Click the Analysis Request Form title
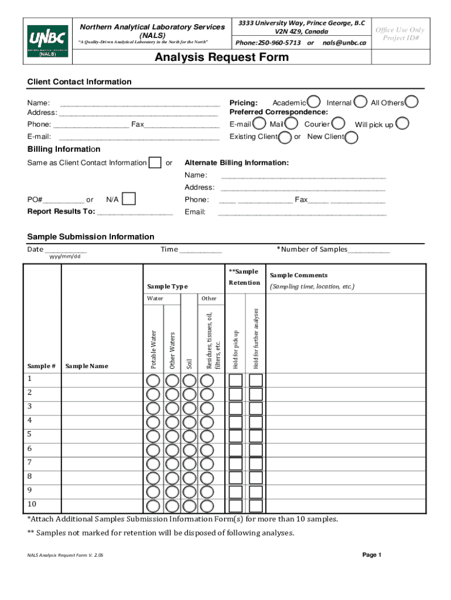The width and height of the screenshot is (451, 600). (x=221, y=57)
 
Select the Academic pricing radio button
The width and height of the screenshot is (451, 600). (x=314, y=102)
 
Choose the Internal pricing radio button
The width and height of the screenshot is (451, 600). (x=361, y=102)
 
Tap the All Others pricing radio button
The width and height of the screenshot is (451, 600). (x=412, y=102)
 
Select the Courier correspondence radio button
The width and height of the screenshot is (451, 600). (x=338, y=124)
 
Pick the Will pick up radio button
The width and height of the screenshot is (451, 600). (x=402, y=124)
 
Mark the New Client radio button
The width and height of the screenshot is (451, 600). (x=352, y=137)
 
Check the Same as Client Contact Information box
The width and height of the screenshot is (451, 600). (x=155, y=162)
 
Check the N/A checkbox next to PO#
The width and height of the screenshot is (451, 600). (x=129, y=199)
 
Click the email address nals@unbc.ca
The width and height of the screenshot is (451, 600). (x=344, y=43)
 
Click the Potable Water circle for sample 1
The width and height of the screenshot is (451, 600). (x=153, y=380)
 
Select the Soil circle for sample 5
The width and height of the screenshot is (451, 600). (x=189, y=435)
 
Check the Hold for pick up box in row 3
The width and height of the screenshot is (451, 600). (x=235, y=408)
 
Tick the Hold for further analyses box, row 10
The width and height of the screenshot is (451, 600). (x=256, y=506)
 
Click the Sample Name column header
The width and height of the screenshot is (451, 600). (x=87, y=366)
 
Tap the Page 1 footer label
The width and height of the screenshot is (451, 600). (x=372, y=554)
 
